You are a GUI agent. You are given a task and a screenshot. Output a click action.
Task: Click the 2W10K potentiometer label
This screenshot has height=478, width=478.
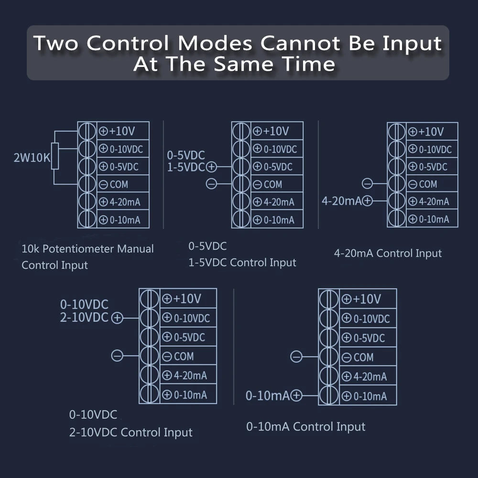(32, 158)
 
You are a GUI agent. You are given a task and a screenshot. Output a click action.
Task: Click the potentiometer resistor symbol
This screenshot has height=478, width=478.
(55, 156)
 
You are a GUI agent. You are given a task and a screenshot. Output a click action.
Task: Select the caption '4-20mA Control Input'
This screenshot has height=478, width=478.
(388, 253)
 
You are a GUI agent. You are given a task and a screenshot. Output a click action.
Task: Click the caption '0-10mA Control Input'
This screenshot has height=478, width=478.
(305, 426)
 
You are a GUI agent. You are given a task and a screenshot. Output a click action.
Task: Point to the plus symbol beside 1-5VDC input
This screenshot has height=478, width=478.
(211, 167)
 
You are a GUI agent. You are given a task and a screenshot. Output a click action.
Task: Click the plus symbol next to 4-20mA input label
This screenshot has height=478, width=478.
(368, 201)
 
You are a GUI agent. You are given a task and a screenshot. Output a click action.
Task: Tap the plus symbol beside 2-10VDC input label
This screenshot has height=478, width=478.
(117, 318)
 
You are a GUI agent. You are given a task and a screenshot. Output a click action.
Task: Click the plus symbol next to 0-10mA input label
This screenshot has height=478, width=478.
(296, 395)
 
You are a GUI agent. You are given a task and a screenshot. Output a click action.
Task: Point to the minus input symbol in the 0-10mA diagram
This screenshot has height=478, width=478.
(296, 357)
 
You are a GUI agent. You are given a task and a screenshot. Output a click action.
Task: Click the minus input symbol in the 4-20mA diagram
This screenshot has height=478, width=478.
(367, 184)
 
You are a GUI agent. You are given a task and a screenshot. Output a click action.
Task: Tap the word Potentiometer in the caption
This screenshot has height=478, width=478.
(77, 249)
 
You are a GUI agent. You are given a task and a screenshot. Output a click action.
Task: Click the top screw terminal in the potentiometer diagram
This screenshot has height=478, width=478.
(87, 131)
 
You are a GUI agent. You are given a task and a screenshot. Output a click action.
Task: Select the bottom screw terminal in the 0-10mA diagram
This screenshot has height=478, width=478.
(329, 395)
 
